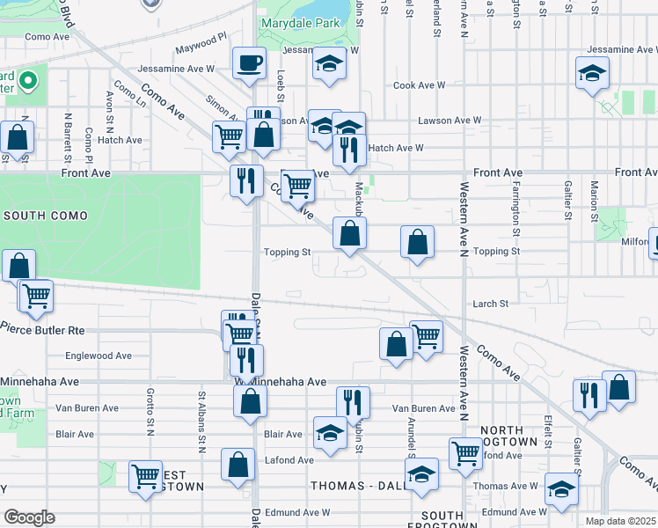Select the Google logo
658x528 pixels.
pyautogui.click(x=28, y=517)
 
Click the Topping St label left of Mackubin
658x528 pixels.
pyautogui.click(x=288, y=252)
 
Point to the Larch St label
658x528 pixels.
pyautogui.click(x=491, y=304)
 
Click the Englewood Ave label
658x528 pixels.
pyautogui.click(x=99, y=356)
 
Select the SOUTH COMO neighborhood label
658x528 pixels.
pyautogui.click(x=45, y=216)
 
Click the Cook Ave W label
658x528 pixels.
pyautogui.click(x=420, y=85)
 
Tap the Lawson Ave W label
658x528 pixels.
pyautogui.click(x=450, y=120)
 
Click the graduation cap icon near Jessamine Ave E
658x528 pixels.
pyautogui.click(x=593, y=74)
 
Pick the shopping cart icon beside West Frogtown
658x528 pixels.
pyautogui.click(x=144, y=476)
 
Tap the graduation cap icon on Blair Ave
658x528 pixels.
pyautogui.click(x=330, y=433)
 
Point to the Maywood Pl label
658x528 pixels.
pyautogui.click(x=201, y=48)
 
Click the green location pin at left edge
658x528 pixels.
pyautogui.click(x=28, y=82)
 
